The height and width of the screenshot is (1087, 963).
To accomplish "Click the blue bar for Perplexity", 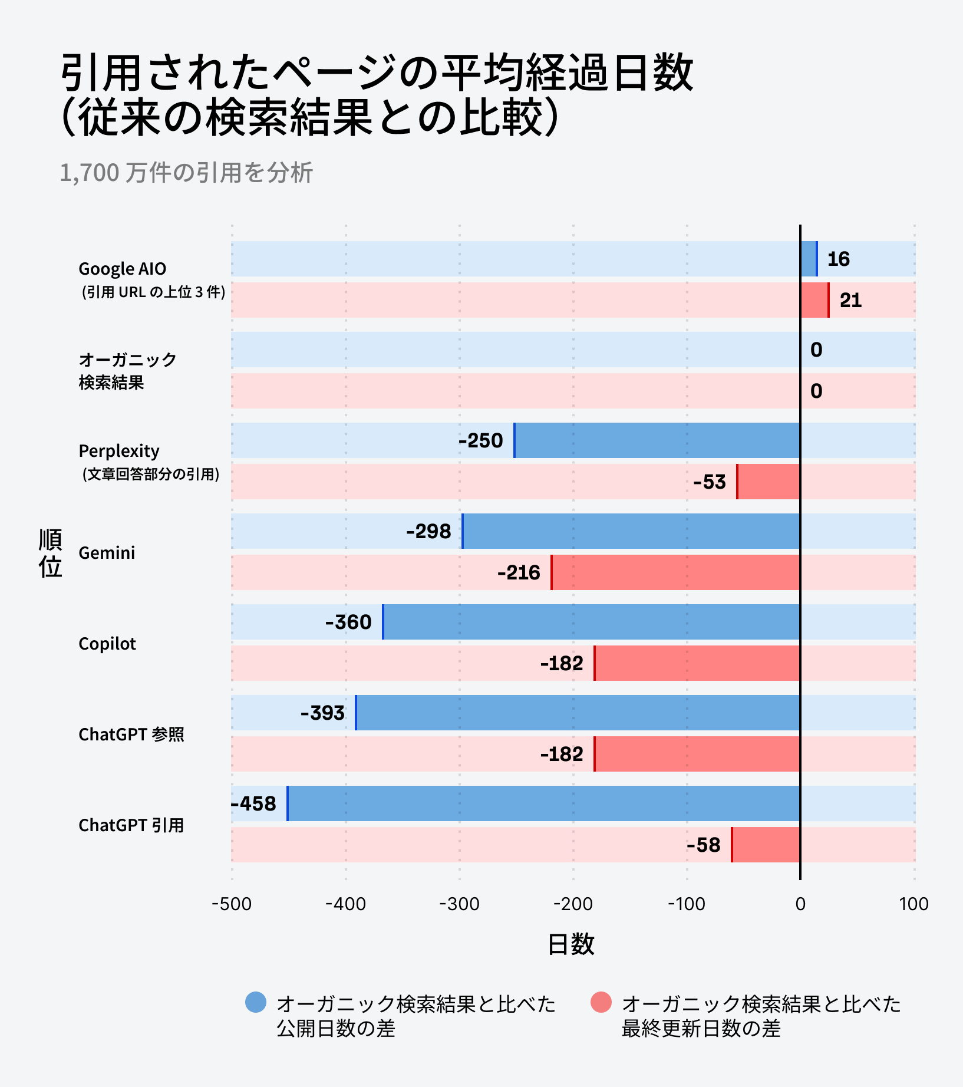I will [657, 440].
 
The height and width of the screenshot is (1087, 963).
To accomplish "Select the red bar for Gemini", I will [675, 572].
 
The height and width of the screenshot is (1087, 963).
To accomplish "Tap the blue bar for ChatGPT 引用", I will [543, 803].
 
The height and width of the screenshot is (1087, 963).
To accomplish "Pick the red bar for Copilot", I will [697, 663].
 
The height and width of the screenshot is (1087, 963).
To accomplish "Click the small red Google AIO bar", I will [814, 300].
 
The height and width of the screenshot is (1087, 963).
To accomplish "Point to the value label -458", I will [253, 803].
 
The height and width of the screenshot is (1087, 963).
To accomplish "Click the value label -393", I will [322, 713].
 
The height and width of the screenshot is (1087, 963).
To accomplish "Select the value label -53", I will [710, 482].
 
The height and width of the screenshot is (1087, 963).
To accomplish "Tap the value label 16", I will [838, 259].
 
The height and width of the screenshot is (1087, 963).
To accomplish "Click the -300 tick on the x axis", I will [459, 904].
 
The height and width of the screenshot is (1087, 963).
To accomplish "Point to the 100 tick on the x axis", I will [913, 904].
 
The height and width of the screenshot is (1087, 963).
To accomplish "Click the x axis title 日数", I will [570, 944].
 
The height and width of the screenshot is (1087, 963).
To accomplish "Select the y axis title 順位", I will [51, 553].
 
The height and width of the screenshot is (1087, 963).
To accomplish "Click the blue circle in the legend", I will [256, 1002].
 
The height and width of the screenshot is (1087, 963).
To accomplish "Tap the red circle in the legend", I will [601, 1002].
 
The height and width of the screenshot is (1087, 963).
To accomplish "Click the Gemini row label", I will [107, 553].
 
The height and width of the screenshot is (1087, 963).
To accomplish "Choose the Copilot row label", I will [107, 644].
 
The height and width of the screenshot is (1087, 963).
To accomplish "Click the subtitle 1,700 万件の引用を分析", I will [186, 173].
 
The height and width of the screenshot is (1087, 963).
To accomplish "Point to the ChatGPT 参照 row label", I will [131, 734].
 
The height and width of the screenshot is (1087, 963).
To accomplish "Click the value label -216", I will [519, 572].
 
